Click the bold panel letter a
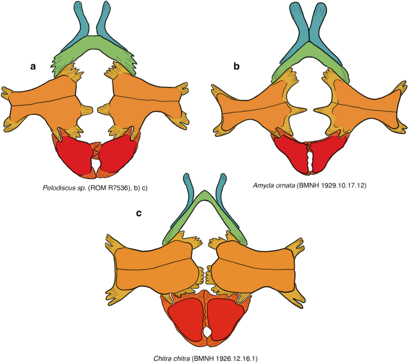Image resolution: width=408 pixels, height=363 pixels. tap(34, 66)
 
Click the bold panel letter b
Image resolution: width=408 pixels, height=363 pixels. tap(236, 66)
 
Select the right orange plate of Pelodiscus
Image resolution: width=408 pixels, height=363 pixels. tap(146, 107)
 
